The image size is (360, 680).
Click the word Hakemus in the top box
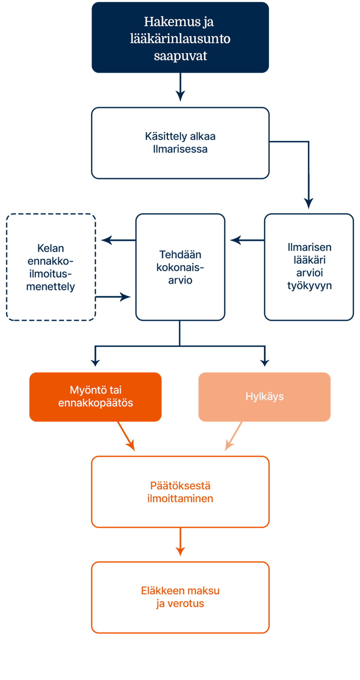coord(168,22)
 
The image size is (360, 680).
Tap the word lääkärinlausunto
coord(180,39)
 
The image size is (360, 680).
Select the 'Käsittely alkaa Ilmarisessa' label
coord(180,143)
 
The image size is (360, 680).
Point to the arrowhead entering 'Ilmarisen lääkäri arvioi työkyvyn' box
coord(308,203)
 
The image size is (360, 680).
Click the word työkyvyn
coord(309,286)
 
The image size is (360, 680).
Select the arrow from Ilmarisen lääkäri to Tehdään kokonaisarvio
coord(246,240)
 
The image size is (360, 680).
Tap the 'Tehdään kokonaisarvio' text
coord(180,267)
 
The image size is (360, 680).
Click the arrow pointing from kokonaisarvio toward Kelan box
coord(117,240)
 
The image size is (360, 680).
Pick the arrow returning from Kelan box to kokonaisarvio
coord(114,297)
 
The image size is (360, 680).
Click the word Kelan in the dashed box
coord(50,248)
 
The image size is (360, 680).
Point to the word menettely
coord(50,287)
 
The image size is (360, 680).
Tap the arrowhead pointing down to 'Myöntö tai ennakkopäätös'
coord(95,362)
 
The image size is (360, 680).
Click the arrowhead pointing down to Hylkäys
coord(265,362)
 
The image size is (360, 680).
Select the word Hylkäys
coord(265,396)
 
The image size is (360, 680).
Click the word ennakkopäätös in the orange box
coord(95,403)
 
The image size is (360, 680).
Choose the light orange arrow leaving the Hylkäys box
coord(233,437)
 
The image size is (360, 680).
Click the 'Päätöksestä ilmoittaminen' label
coord(180,492)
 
